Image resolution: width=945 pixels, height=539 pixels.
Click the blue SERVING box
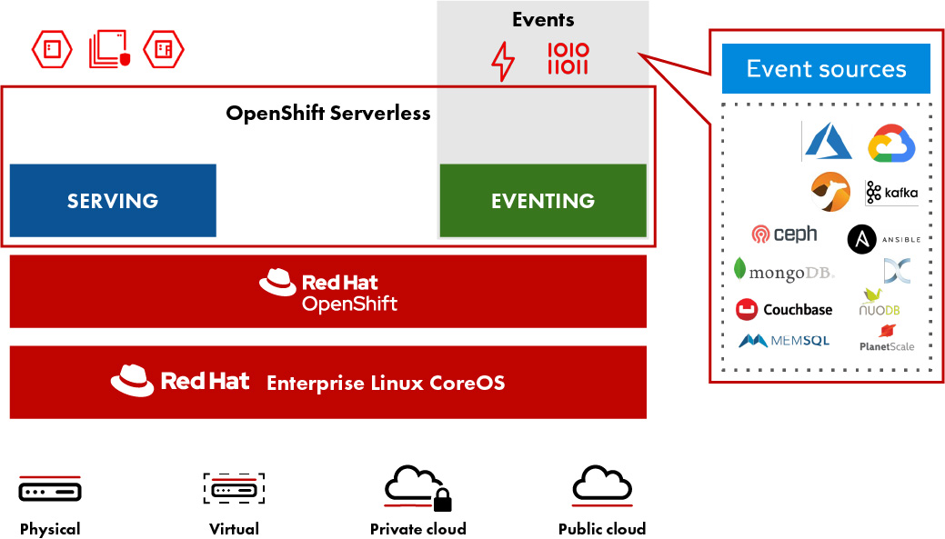(113, 200)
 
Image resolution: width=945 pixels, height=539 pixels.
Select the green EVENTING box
(543, 200)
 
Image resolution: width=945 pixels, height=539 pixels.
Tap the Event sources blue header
(826, 68)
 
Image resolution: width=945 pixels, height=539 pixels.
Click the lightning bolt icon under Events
(502, 62)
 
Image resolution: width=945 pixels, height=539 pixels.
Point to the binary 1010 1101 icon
(568, 58)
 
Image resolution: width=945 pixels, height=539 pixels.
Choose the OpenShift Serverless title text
(328, 114)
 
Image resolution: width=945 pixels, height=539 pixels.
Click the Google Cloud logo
(890, 144)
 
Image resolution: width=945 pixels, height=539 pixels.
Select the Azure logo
(828, 142)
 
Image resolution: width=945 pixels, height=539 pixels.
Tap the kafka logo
(891, 193)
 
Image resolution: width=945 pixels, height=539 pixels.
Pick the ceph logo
(785, 235)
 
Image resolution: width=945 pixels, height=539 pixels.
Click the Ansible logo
(883, 239)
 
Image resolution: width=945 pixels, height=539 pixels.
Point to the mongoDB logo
(783, 271)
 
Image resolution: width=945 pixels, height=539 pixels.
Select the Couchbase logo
(784, 309)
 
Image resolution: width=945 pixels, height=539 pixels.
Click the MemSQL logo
(784, 341)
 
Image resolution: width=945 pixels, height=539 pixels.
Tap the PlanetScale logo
(887, 338)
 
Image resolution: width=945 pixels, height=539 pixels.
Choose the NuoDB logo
(879, 303)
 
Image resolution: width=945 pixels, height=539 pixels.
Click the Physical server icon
(50, 491)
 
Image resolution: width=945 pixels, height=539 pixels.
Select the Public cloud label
(602, 529)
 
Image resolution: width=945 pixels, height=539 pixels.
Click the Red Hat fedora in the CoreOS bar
(133, 381)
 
